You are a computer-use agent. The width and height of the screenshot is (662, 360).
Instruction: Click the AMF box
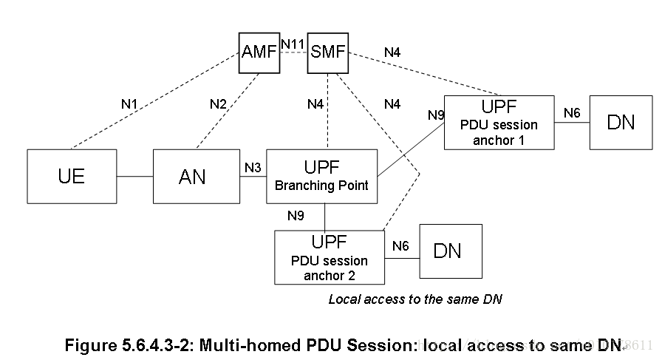[x=259, y=52]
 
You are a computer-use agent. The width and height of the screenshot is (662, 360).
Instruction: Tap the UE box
[x=72, y=176]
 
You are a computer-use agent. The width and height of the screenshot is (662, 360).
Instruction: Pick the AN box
[x=192, y=176]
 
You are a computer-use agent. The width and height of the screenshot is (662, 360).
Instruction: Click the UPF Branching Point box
[x=321, y=176]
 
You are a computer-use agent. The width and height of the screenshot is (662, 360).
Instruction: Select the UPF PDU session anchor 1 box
[x=499, y=122]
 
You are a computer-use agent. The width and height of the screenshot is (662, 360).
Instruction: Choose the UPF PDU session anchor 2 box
[x=330, y=257]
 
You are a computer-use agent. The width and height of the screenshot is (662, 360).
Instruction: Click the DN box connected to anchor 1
[x=621, y=122]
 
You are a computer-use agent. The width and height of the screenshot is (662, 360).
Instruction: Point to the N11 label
[x=293, y=44]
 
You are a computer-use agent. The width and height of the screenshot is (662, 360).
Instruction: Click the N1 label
[x=129, y=104]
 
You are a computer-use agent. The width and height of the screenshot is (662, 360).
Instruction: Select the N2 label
[x=217, y=104]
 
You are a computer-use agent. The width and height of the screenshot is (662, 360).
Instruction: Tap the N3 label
[x=253, y=168]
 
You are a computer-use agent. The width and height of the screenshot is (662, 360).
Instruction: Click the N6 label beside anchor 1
[x=572, y=112]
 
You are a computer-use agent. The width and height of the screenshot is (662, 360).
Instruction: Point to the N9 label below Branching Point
[x=296, y=216]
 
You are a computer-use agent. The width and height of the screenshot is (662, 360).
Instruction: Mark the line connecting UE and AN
[x=134, y=176]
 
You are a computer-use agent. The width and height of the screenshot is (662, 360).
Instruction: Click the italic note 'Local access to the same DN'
[x=415, y=299]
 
